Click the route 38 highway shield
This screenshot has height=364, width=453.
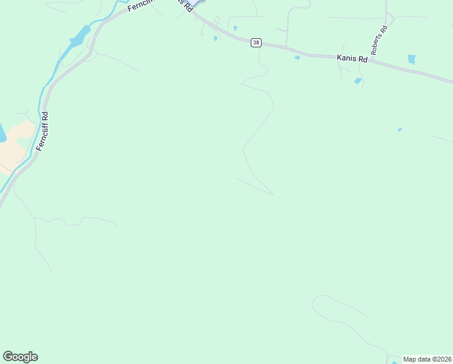point(257,42)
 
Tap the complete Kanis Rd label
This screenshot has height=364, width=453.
point(352,58)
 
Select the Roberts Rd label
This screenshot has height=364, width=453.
point(379,40)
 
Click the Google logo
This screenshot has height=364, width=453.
point(20,357)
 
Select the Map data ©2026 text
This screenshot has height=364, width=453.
point(427,359)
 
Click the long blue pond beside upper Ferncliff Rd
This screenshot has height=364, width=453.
point(80,37)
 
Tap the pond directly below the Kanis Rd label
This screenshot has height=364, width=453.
point(358,81)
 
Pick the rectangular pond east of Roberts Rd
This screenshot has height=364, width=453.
point(412,59)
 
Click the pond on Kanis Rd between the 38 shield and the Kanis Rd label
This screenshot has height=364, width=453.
point(297,58)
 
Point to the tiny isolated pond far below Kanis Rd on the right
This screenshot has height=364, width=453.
point(400,129)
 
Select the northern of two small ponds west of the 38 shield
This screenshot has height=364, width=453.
point(235,28)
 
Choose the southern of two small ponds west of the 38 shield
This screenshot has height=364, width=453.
point(215,39)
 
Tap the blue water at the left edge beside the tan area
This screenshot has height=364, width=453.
point(2,132)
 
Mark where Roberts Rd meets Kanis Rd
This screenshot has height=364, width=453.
point(370,61)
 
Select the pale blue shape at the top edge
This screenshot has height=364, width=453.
point(197,3)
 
